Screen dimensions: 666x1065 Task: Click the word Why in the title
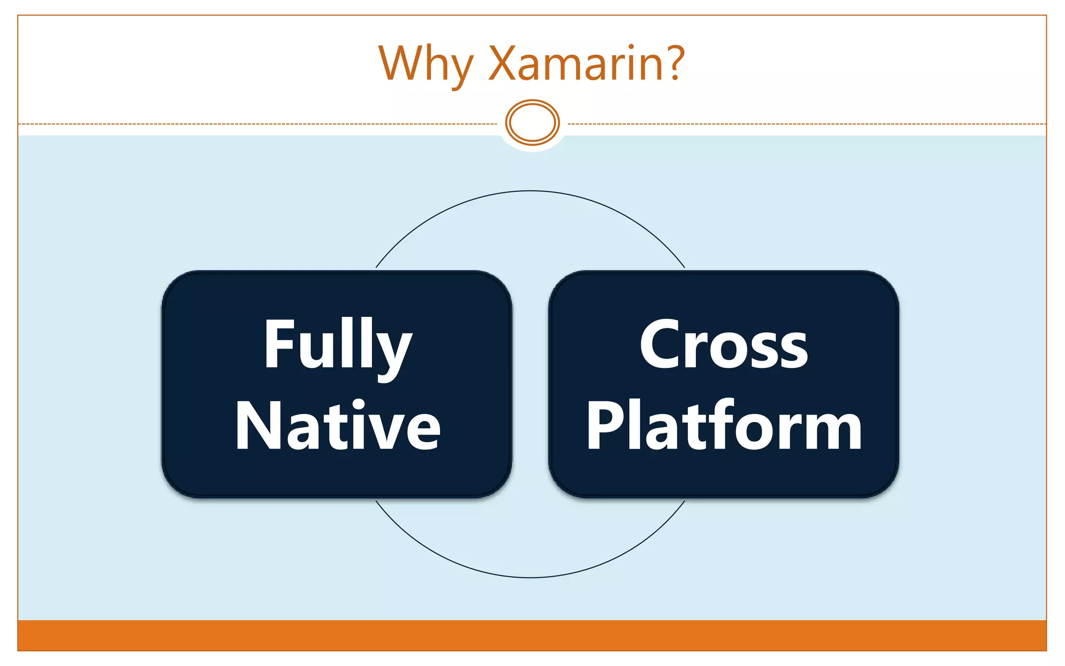pos(425,65)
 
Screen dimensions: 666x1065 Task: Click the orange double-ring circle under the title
pos(532,122)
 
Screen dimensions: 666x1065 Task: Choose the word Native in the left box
pos(337,427)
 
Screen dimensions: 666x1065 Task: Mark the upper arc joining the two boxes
pos(530,191)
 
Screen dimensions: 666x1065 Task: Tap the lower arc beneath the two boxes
pos(530,577)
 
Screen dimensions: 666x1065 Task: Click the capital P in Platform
pos(603,426)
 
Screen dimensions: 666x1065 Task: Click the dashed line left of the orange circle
pos(260,124)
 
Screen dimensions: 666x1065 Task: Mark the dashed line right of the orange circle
pos(806,124)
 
